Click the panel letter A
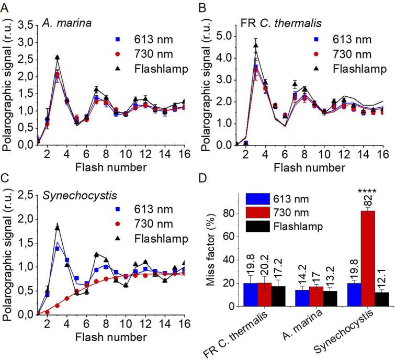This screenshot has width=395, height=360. click(x=5, y=6)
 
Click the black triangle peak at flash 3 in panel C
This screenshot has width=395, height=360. click(x=57, y=227)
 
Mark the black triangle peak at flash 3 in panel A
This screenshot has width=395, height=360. click(x=57, y=58)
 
